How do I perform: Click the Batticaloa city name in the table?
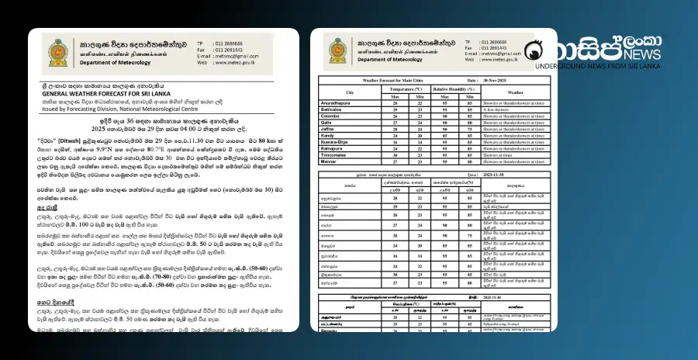pyautogui.click(x=339, y=109)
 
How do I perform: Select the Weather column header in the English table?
pyautogui.click(x=516, y=92)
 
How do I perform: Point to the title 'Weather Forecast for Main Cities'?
pyautogui.click(x=398, y=80)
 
